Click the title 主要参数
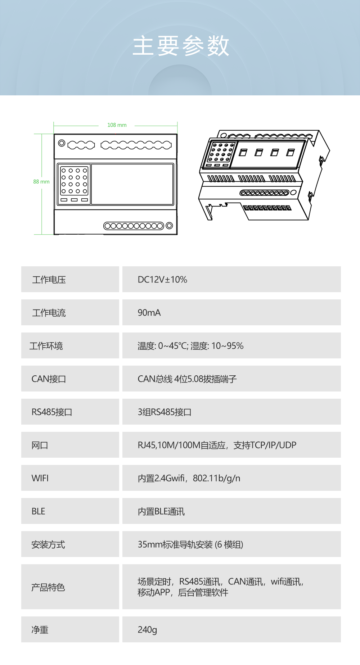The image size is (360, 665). click(181, 46)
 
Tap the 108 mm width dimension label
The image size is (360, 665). click(117, 125)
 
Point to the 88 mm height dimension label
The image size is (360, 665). click(41, 182)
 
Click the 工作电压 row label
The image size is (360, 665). click(49, 280)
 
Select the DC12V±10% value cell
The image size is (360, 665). click(231, 279)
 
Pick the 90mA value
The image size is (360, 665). click(149, 313)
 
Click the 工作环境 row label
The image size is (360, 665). click(46, 346)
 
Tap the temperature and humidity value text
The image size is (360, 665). click(190, 346)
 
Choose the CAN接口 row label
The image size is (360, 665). click(49, 379)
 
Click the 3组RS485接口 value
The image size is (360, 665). click(165, 412)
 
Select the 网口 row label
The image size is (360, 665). click(40, 445)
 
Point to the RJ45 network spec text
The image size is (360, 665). click(217, 445)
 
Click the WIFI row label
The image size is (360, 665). click(40, 478)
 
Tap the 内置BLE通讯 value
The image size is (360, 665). click(161, 511)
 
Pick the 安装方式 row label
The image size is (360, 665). click(48, 544)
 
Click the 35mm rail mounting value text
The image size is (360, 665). click(190, 544)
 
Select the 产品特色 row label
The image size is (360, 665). click(48, 587)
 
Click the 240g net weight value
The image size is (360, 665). click(147, 630)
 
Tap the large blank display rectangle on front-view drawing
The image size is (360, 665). click(132, 184)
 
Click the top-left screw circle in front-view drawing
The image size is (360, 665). click(62, 143)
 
